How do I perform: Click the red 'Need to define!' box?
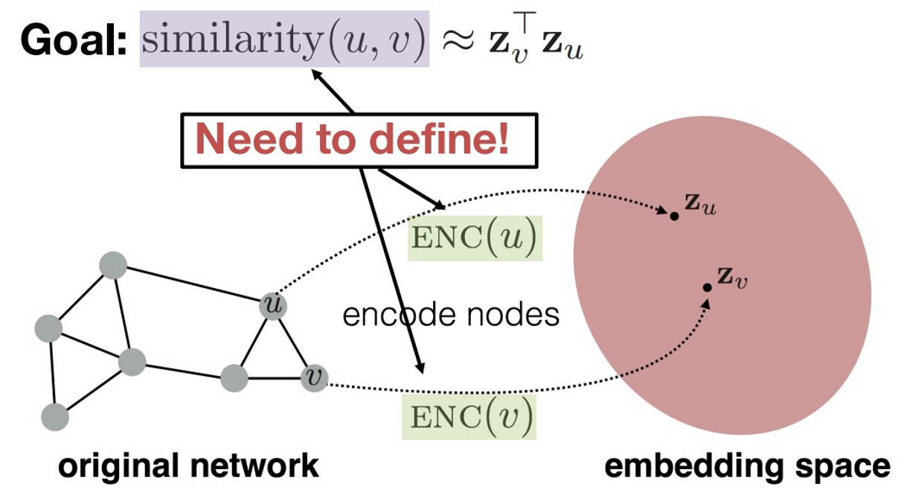pos(358,139)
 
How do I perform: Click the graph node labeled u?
pos(272,305)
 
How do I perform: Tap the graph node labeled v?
pos(314,379)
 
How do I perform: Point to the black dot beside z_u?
pos(674,216)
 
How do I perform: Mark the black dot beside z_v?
pos(708,287)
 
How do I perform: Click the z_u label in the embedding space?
pos(702,204)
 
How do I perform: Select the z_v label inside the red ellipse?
pos(732,277)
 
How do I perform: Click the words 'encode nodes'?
pos(450,315)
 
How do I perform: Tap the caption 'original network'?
pos(189,467)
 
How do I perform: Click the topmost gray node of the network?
pos(112,266)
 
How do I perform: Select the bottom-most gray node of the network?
pos(55,417)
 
